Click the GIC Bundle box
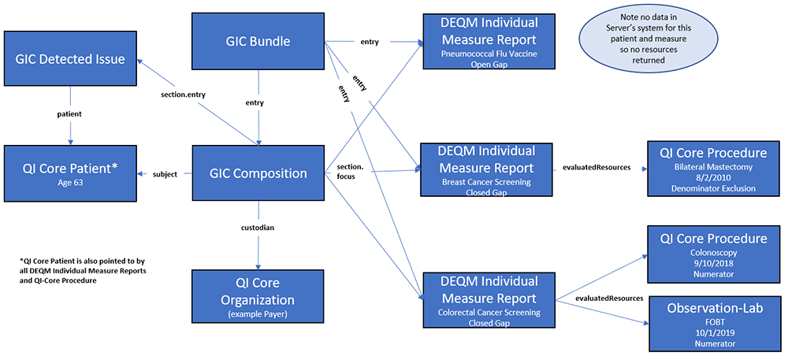click(x=258, y=41)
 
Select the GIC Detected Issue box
click(x=69, y=58)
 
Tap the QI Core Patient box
click(x=69, y=172)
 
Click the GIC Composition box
click(x=258, y=173)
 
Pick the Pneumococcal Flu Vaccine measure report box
click(x=488, y=41)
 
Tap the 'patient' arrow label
click(x=69, y=114)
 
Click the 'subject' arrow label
click(x=165, y=174)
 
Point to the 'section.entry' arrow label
click(x=182, y=95)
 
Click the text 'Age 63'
click(x=69, y=182)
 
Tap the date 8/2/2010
click(x=712, y=179)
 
